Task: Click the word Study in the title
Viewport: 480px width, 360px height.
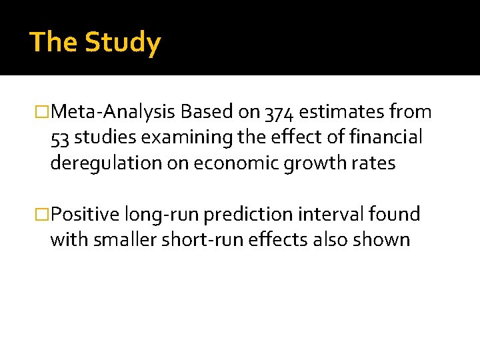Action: coord(123,43)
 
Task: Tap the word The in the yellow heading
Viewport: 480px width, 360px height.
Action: coord(53,42)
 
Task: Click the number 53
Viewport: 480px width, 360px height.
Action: coord(60,138)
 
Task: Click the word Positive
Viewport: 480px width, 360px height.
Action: coord(85,215)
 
